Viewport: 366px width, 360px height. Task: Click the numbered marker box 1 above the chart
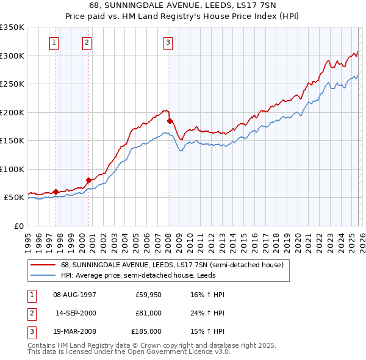tap(55, 42)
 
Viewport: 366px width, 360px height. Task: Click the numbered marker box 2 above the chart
tap(87, 42)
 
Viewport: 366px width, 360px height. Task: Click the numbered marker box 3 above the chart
tap(168, 42)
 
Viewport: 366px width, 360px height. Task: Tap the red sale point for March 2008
tap(170, 121)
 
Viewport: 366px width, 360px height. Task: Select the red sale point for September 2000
tap(88, 180)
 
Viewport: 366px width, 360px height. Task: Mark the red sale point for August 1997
tap(56, 192)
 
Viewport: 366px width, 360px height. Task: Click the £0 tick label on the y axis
tap(18, 226)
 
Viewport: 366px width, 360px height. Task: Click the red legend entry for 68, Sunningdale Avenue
tap(171, 265)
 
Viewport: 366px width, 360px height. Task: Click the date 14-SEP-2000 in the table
tap(75, 313)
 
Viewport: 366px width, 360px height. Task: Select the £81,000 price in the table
tap(148, 313)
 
